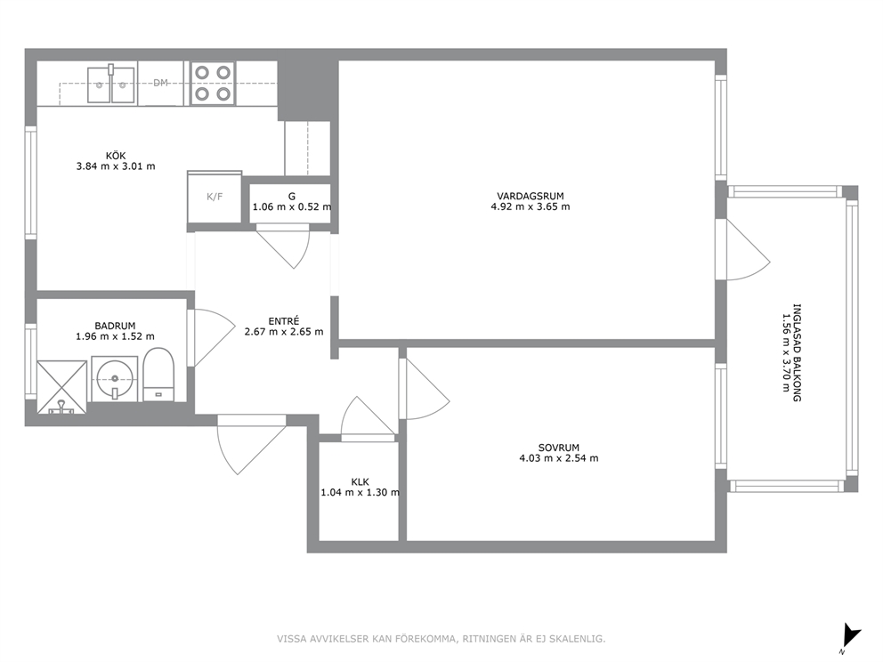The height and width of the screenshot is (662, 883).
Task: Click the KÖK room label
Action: (x=116, y=156)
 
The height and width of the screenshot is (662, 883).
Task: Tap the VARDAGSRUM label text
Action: (x=530, y=196)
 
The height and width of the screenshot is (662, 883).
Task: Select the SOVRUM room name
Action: (x=559, y=448)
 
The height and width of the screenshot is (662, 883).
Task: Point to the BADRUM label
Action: (x=115, y=326)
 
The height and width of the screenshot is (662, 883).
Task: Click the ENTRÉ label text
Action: (x=284, y=321)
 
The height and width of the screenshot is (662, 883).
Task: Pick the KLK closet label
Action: (x=360, y=482)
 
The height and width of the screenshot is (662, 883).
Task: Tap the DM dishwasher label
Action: (x=160, y=83)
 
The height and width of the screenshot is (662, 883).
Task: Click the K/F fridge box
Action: (x=215, y=197)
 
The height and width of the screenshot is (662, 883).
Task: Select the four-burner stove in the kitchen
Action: (x=213, y=83)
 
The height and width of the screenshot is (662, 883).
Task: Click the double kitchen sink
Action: (x=111, y=84)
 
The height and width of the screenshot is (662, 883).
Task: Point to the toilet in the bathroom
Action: (x=158, y=375)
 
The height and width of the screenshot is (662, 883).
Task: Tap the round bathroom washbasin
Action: (x=114, y=378)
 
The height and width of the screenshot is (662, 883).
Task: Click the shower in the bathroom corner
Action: (x=62, y=387)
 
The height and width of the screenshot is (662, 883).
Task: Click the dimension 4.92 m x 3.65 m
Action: (x=530, y=206)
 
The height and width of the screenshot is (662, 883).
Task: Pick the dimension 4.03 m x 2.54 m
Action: (x=559, y=458)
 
